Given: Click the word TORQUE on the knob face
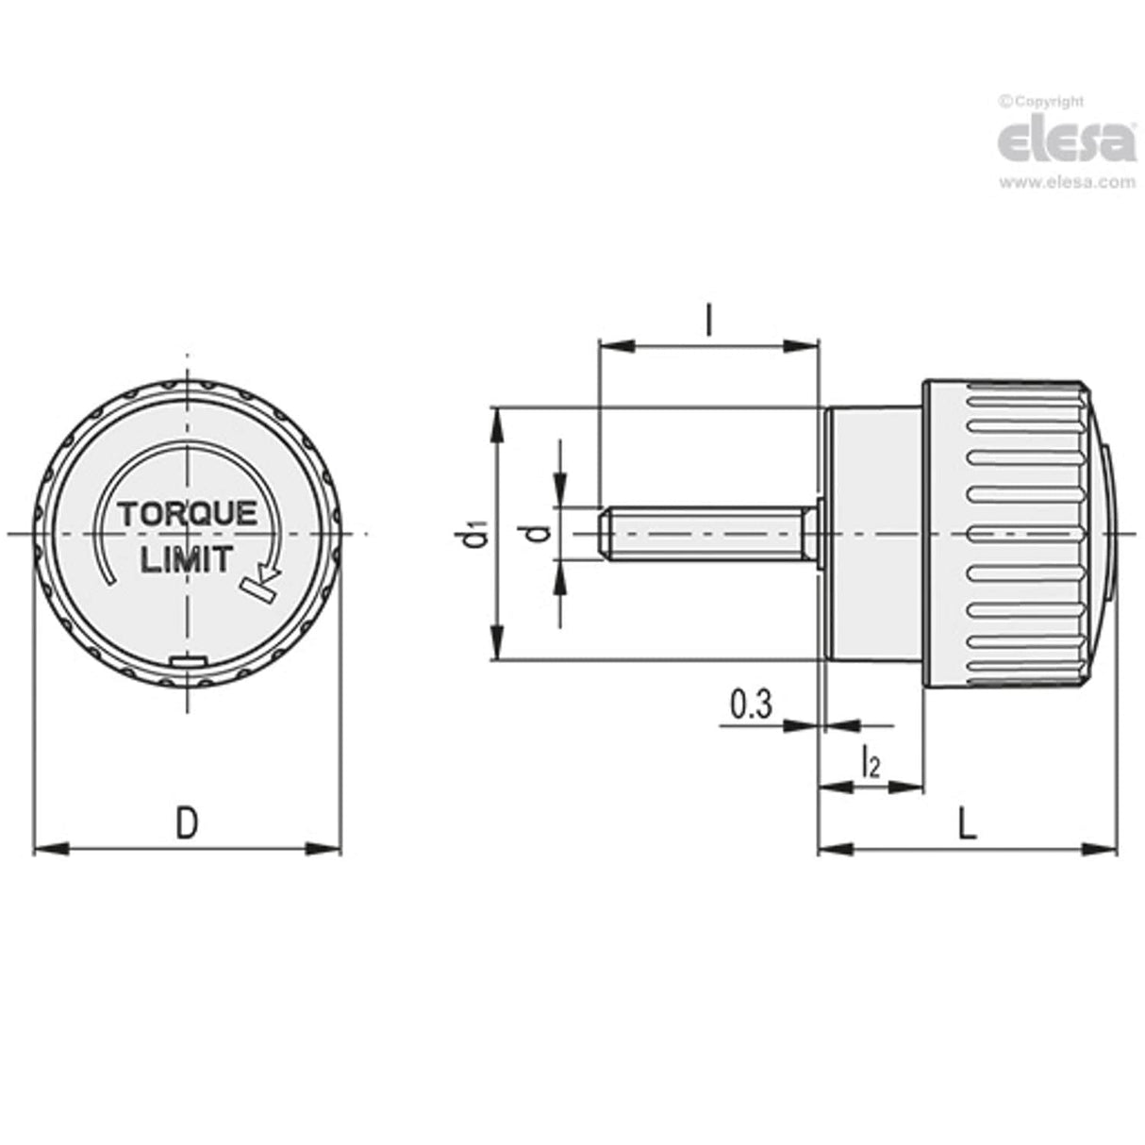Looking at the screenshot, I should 187,514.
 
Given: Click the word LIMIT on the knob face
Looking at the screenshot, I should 186,560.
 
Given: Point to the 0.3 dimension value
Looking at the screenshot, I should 751,705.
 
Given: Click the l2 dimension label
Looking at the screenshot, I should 871,763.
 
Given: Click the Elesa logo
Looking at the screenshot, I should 1067,141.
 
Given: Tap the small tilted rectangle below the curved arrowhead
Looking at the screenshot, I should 257,590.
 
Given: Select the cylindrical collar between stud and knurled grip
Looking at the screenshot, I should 872,534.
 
